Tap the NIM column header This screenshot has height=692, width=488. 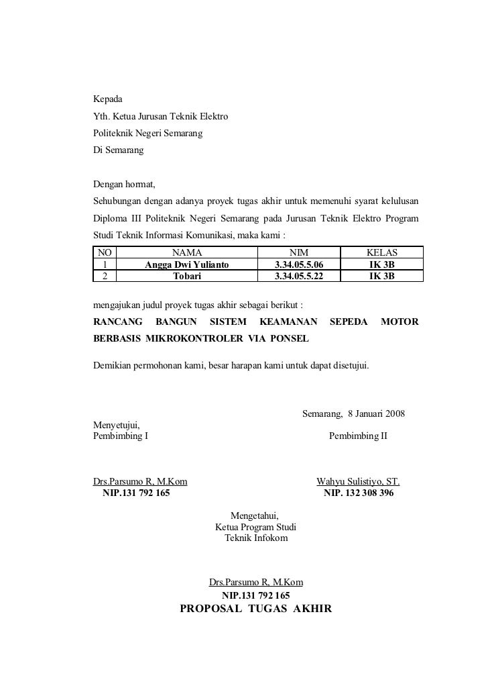click(x=299, y=253)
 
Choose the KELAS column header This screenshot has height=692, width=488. click(x=382, y=253)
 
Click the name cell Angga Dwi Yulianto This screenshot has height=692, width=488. click(x=187, y=264)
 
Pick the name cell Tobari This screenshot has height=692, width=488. click(x=187, y=275)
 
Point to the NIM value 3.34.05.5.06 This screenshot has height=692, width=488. click(x=299, y=264)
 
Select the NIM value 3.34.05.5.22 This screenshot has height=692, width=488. click(x=299, y=275)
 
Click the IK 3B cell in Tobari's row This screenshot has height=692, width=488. click(x=382, y=275)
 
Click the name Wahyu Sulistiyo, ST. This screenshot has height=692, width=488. click(x=358, y=481)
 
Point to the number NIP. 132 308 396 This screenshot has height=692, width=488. click(x=359, y=493)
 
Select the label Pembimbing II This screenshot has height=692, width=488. click(x=358, y=436)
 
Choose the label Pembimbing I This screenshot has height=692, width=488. click(x=121, y=436)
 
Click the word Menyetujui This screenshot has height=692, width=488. click(x=117, y=424)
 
